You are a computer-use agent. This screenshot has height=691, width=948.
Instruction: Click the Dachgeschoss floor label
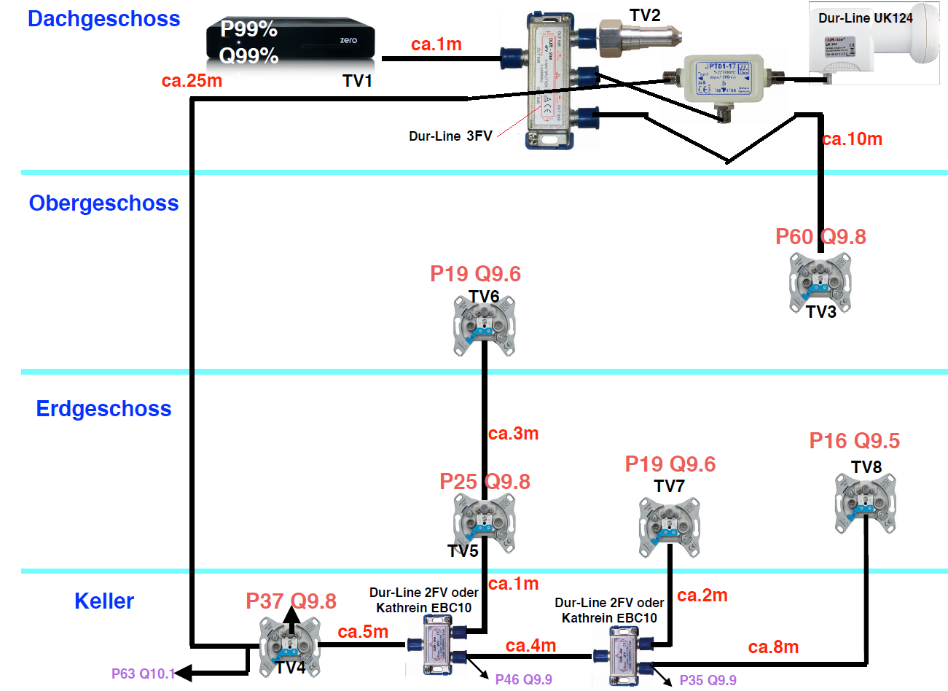(103, 19)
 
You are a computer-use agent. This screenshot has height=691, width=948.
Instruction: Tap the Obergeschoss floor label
(103, 203)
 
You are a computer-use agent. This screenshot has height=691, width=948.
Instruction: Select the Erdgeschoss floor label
(103, 409)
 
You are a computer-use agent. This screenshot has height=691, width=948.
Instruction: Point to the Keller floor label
(104, 601)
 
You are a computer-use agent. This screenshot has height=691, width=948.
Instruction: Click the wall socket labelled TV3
(820, 282)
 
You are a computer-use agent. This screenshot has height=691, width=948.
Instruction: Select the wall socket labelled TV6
(484, 324)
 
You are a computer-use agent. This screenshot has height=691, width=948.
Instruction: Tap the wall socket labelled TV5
(484, 523)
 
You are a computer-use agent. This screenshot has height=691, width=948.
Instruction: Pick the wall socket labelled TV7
(669, 526)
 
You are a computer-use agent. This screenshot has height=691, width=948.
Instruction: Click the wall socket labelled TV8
(865, 503)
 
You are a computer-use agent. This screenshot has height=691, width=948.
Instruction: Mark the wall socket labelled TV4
(289, 647)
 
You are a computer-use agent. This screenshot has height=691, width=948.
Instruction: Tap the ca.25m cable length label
(192, 80)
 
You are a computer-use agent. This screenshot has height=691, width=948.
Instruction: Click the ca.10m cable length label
(852, 139)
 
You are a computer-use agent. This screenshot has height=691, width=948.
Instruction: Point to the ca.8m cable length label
(773, 647)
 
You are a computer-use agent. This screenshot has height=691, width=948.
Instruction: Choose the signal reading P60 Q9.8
(820, 237)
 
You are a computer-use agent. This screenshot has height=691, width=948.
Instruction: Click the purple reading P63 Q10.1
(143, 674)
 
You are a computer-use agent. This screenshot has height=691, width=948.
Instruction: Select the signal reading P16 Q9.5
(854, 441)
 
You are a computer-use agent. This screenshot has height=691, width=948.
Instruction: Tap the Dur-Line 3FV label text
(450, 136)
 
